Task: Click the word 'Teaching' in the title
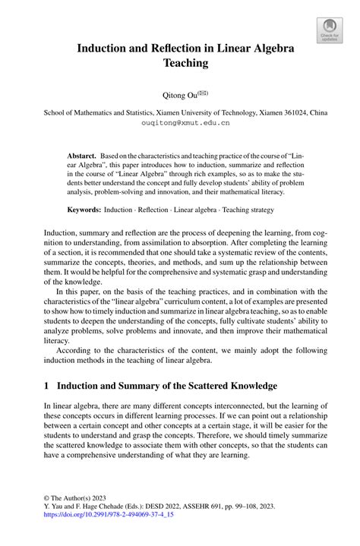(179, 65)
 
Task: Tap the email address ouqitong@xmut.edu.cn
(180, 121)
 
